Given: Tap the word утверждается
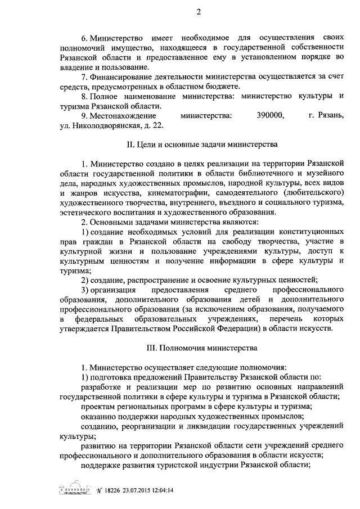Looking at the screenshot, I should pyautogui.click(x=86, y=328).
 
